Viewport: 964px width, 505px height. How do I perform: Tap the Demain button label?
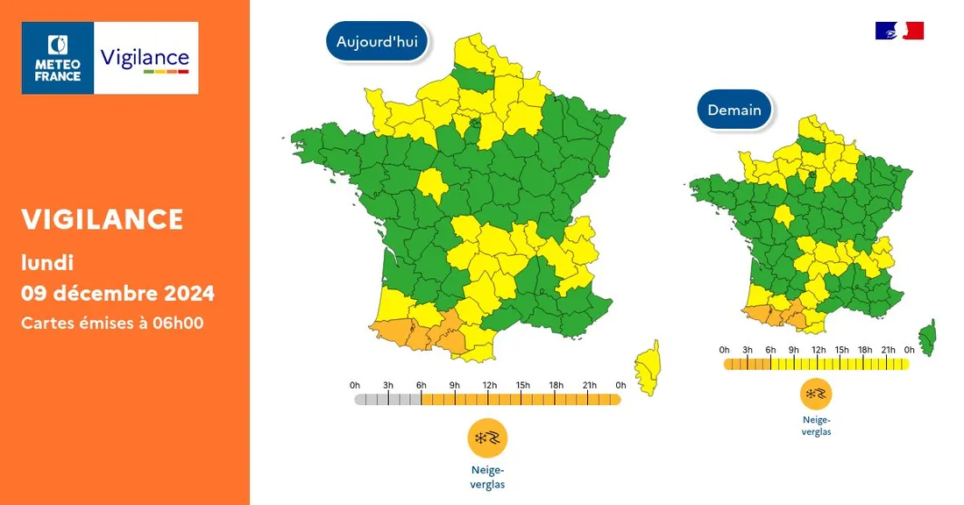pyautogui.click(x=734, y=110)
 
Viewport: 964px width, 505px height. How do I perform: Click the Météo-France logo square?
pyautogui.click(x=58, y=58)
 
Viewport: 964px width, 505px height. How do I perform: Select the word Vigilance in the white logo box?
pyautogui.click(x=145, y=59)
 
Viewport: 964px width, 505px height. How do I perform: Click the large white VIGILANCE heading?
pyautogui.click(x=103, y=219)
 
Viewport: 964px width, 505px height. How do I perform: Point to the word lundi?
pyautogui.click(x=47, y=261)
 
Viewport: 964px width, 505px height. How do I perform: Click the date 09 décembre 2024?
pyautogui.click(x=117, y=292)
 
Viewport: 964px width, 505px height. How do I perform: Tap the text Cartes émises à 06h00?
pyautogui.click(x=112, y=323)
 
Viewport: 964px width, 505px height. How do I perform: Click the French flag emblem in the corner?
pyautogui.click(x=899, y=31)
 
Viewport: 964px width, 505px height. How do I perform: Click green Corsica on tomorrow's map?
pyautogui.click(x=927, y=337)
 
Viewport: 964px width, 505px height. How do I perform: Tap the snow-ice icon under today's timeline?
pyautogui.click(x=487, y=438)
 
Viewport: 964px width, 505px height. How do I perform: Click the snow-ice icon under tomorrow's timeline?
pyautogui.click(x=816, y=395)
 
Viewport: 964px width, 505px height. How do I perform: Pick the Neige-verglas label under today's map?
pyautogui.click(x=487, y=478)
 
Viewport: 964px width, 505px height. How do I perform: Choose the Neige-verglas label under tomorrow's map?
pyautogui.click(x=816, y=425)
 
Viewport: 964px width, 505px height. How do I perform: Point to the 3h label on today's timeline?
pyautogui.click(x=388, y=385)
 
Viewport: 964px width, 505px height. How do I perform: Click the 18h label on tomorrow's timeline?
pyautogui.click(x=865, y=350)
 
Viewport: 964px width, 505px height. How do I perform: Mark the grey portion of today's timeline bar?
pyautogui.click(x=388, y=400)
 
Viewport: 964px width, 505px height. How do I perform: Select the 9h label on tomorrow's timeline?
pyautogui.click(x=794, y=350)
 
